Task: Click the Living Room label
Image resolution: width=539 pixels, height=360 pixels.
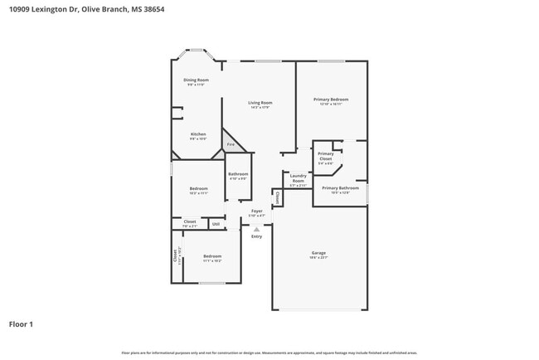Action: [260, 103]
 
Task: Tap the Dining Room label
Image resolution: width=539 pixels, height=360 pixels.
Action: [197, 80]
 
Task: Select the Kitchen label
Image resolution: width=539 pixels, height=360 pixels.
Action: [198, 134]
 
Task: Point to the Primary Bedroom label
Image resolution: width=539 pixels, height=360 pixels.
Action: [330, 100]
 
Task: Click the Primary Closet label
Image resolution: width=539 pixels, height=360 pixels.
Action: [326, 156]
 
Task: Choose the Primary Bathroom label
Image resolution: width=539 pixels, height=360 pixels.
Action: [341, 188]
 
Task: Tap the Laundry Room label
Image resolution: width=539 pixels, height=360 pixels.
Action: [299, 178]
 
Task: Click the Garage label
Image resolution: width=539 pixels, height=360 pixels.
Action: [318, 253]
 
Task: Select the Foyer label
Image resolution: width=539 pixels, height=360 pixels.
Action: [257, 212]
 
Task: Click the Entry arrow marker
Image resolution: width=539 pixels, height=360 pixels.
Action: [256, 229]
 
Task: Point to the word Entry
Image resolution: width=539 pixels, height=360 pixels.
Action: [256, 236]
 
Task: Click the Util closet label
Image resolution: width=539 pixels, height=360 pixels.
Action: [216, 223]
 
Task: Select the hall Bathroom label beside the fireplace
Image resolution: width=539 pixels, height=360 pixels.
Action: [238, 173]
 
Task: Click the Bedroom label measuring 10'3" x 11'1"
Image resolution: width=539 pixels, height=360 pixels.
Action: [198, 189]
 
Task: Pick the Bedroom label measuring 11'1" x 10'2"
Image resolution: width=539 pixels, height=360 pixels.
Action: [212, 256]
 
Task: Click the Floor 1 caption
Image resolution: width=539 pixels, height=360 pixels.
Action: [22, 324]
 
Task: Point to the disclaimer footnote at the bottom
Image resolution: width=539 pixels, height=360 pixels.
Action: [269, 353]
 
